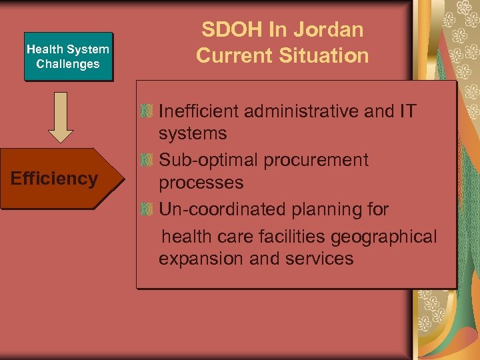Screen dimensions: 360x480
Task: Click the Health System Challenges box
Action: point(68,57)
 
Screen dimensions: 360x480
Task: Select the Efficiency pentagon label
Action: point(55,179)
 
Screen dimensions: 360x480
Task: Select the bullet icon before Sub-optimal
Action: point(147,160)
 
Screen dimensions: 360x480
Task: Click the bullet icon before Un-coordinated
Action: point(147,209)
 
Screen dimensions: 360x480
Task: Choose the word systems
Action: point(193,133)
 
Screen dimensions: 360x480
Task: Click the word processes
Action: point(201,183)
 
